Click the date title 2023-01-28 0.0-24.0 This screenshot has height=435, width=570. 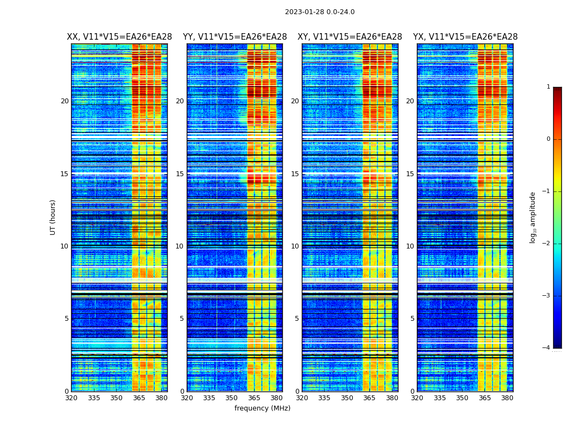coord(320,12)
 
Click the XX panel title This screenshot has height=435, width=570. coord(119,37)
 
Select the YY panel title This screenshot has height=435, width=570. coord(235,37)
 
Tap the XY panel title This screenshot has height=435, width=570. coord(350,37)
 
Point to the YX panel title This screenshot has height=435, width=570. coord(465,37)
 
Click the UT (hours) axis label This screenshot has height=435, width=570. coord(53,217)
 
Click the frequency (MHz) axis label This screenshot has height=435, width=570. coord(262,408)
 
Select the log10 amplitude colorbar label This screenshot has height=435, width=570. coord(533,217)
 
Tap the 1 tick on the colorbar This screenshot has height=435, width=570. coord(548,87)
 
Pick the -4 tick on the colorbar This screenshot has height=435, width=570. coord(547,348)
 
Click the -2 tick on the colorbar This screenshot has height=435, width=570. coord(547,244)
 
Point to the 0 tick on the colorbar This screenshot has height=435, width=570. coord(548,139)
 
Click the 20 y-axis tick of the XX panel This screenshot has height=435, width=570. coord(65,101)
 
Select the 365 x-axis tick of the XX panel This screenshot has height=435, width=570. coord(139,398)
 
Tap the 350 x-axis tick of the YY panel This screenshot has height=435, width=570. coord(232,398)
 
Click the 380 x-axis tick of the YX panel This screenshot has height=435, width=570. coord(507,398)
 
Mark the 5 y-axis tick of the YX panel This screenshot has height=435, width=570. coord(412,319)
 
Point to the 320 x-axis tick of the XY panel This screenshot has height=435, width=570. coord(302,398)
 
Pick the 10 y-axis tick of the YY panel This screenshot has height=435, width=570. coord(180,246)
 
